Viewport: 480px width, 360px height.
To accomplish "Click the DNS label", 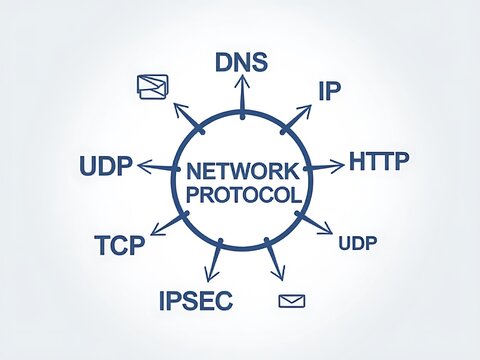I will click(241, 63).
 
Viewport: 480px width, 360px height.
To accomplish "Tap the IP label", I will click(330, 91).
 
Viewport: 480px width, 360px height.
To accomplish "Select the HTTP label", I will click(378, 161).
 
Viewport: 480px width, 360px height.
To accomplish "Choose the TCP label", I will click(120, 244).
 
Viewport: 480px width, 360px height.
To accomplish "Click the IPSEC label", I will click(195, 298).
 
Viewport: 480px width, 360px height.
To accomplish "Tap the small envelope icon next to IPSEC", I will click(292, 300).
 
